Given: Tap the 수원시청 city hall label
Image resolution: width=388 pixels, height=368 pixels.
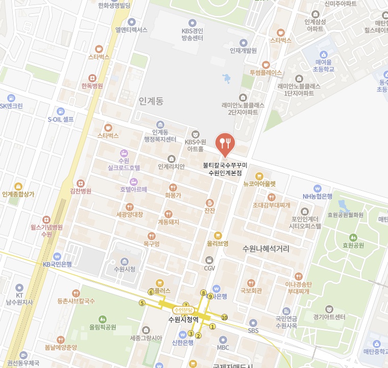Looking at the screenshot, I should pyautogui.click(x=125, y=269).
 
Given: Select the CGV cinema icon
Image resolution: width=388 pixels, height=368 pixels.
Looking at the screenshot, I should pyautogui.click(x=209, y=260).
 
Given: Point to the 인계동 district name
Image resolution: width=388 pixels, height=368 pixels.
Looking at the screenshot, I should pyautogui.click(x=151, y=101).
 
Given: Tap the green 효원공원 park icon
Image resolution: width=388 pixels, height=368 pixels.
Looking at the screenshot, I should pyautogui.click(x=353, y=237).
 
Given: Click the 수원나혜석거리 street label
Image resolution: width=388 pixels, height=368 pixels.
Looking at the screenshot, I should pyautogui.click(x=265, y=249).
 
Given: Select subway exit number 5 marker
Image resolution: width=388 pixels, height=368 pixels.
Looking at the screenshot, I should pyautogui.click(x=141, y=303).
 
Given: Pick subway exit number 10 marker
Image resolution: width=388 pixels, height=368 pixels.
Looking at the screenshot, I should pyautogui.click(x=224, y=317).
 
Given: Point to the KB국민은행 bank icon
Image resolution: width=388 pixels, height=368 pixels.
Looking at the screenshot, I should pyautogui.click(x=57, y=256).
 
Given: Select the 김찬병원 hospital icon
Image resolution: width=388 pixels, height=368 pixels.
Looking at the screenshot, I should pyautogui.click(x=80, y=183).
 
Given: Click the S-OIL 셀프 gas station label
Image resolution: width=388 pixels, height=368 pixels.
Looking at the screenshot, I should pyautogui.click(x=61, y=119).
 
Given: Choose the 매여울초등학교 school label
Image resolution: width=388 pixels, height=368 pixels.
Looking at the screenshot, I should pyautogui.click(x=321, y=65).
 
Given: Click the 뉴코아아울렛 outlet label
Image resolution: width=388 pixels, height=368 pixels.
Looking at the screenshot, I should pyautogui.click(x=259, y=183).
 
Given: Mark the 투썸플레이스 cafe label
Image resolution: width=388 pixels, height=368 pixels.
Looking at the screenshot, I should pyautogui.click(x=265, y=73).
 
